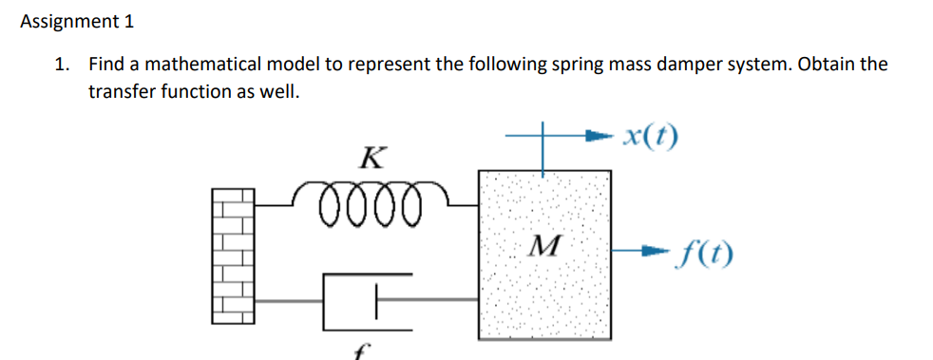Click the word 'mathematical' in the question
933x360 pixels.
click(x=177, y=65)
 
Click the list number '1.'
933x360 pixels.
click(x=62, y=65)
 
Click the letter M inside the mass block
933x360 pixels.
click(x=543, y=250)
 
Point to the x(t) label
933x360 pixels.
click(x=647, y=138)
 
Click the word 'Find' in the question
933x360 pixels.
click(x=105, y=65)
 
